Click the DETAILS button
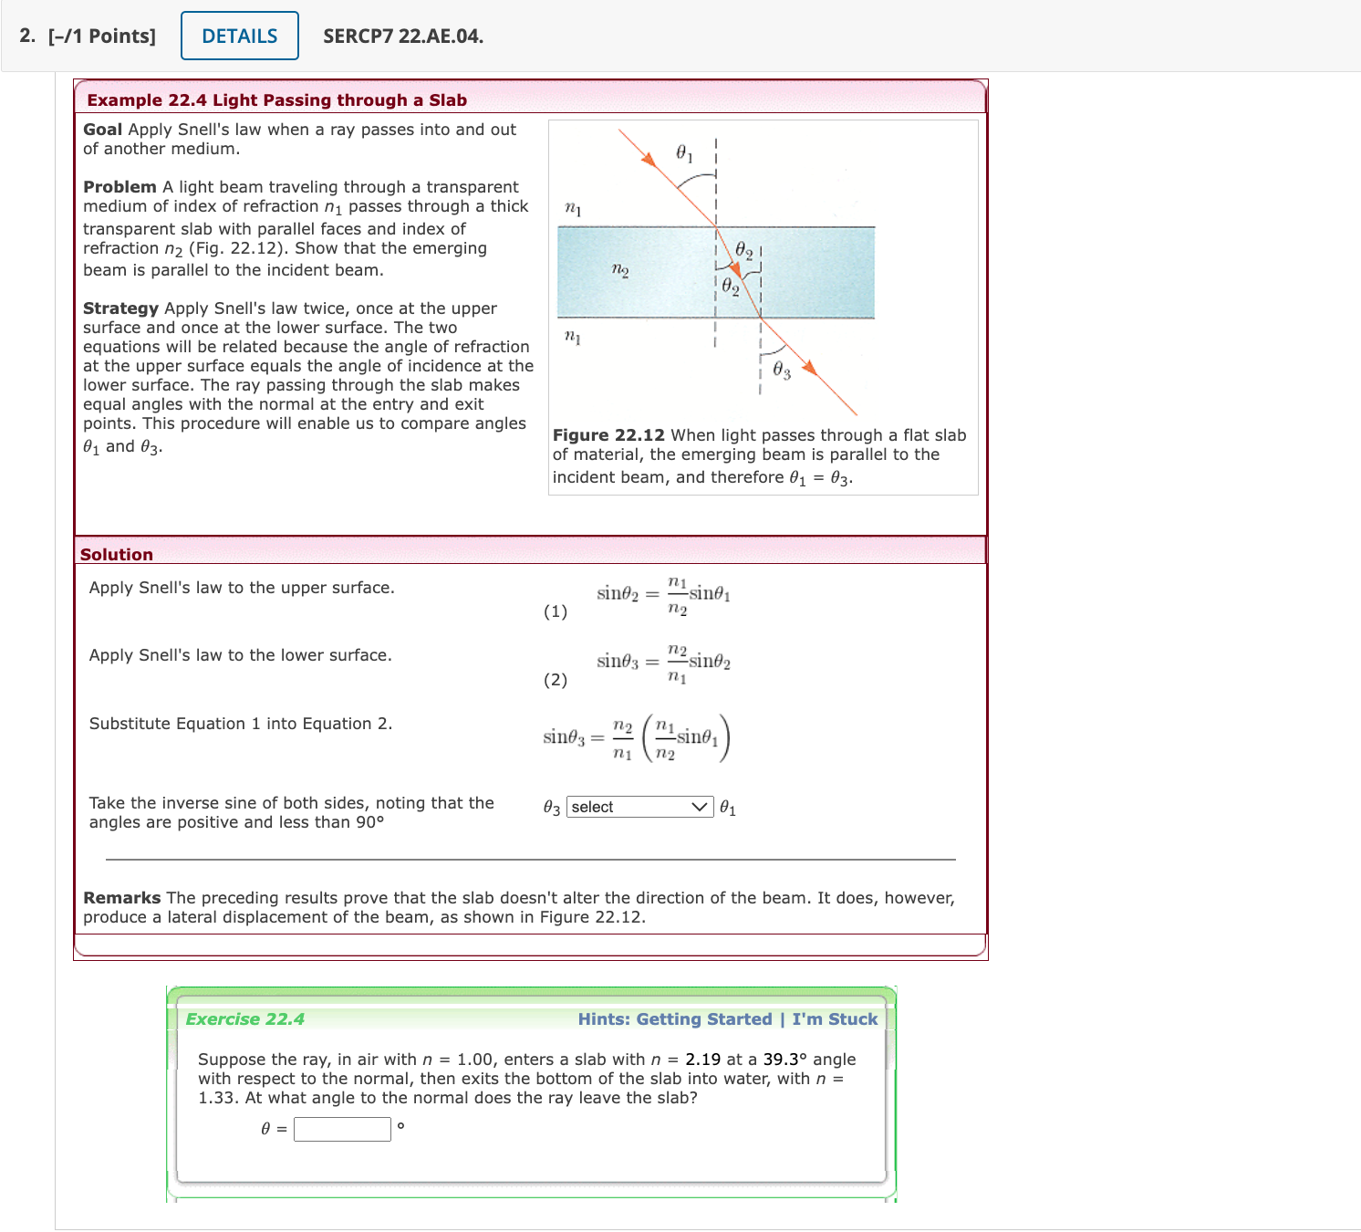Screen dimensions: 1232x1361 (x=240, y=36)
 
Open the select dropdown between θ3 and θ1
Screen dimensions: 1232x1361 (x=639, y=807)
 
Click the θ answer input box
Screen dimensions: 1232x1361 (x=342, y=1129)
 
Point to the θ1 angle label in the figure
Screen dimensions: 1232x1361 (x=684, y=153)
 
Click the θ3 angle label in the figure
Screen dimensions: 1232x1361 (x=782, y=370)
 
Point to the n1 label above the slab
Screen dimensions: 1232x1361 (x=573, y=209)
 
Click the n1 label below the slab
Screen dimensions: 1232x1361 (x=573, y=337)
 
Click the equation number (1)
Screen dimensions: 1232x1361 (x=556, y=611)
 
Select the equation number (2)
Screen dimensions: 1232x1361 (x=556, y=680)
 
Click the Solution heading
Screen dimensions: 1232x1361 (x=117, y=554)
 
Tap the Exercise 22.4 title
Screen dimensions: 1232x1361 (x=245, y=1019)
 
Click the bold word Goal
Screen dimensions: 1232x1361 (x=102, y=130)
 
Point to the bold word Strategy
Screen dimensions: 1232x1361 (x=120, y=308)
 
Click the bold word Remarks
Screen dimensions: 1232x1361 (x=121, y=898)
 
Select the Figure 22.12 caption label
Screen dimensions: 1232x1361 (x=608, y=435)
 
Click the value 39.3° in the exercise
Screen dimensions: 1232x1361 (x=785, y=1060)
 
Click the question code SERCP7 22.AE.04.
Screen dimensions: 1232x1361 (x=403, y=37)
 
